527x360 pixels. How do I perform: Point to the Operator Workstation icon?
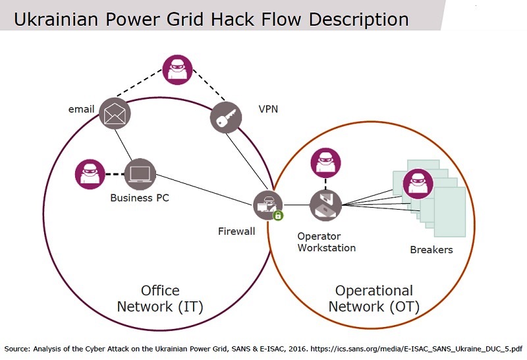pos(325,204)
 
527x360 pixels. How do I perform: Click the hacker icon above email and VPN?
pos(177,70)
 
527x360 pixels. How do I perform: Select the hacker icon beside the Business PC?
pos(90,174)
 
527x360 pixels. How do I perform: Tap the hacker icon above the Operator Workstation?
pos(325,163)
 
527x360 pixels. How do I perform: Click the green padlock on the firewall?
pos(278,215)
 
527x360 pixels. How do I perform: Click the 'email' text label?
pos(82,109)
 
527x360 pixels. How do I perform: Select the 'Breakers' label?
pos(431,250)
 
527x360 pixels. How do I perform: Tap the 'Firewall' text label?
pos(236,231)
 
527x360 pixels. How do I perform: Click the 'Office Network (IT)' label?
pos(160,299)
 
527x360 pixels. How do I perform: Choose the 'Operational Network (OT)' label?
pos(374,299)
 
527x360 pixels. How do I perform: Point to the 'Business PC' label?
pos(140,198)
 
